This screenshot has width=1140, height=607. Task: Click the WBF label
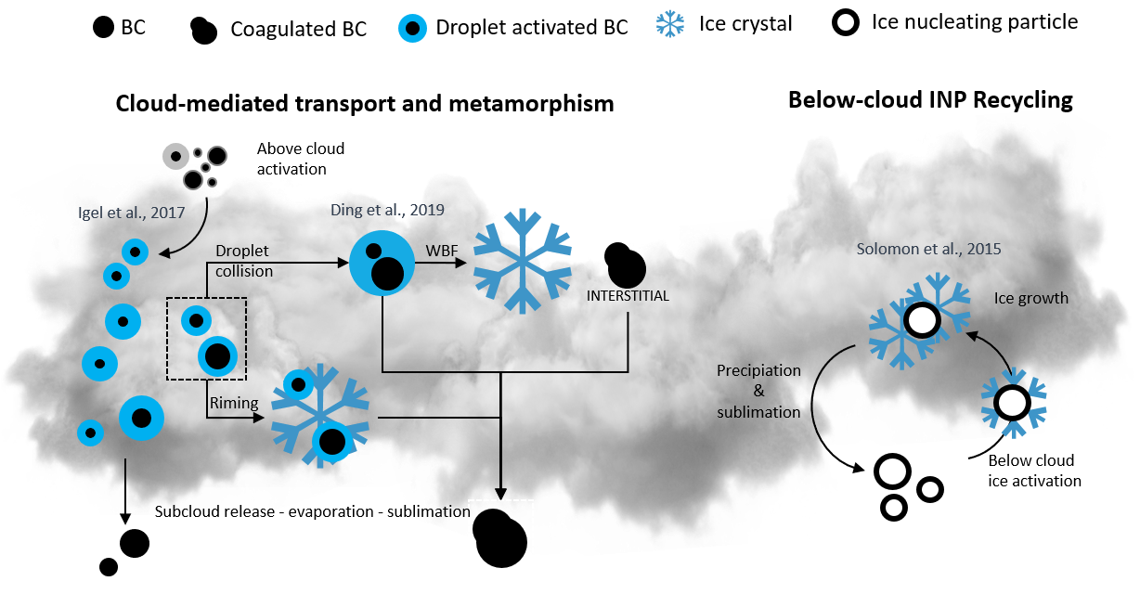coord(439,251)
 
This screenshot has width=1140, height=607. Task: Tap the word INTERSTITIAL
coord(628,296)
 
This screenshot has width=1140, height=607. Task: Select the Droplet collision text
coord(244,261)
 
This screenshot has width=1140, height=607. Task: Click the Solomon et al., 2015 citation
coord(929,249)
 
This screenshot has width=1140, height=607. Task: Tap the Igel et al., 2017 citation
coord(130,212)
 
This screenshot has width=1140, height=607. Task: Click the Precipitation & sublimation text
coord(758,391)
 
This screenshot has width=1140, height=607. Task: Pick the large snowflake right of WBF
coord(523,260)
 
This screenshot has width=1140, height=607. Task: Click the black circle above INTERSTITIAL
coord(627,268)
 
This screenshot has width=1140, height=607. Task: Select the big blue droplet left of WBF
coord(382,263)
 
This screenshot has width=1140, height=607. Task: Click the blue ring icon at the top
coord(412,28)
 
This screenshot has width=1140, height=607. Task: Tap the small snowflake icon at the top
coord(669,24)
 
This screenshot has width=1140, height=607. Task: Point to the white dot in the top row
coord(845,22)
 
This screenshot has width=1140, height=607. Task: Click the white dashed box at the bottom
coord(500,540)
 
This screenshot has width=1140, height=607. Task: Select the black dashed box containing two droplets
coord(207,338)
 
